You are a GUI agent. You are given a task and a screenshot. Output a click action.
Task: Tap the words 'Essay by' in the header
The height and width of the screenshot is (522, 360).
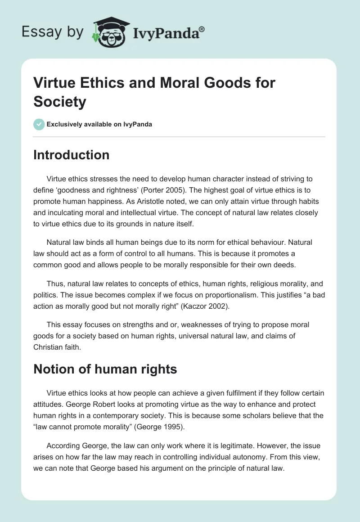coord(52,32)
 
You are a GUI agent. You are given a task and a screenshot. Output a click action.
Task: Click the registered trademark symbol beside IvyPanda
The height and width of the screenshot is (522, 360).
coord(202,30)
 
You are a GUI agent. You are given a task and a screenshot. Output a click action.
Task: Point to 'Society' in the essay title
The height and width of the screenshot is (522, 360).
coord(59,102)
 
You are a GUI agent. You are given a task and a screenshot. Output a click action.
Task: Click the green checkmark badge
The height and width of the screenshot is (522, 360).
coord(39,124)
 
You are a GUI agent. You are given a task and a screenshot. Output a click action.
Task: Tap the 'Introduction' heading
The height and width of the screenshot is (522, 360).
coord(71,155)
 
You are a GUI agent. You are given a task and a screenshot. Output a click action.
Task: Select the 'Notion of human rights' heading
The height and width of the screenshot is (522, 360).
coord(105,369)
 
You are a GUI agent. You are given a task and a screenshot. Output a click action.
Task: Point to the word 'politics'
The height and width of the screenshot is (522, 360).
coord(45,295)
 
